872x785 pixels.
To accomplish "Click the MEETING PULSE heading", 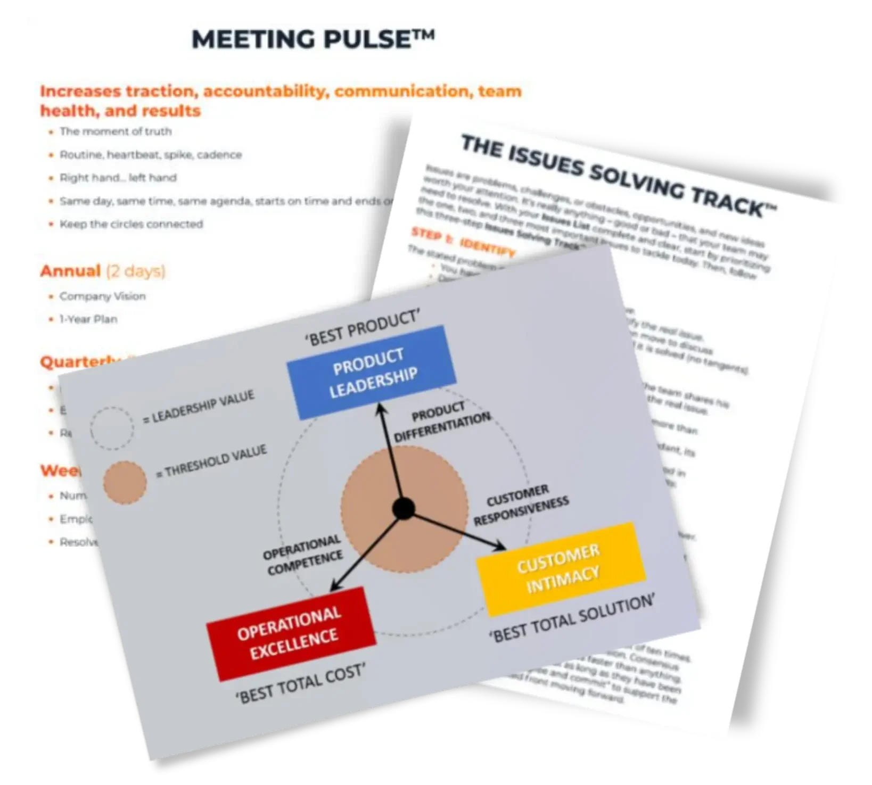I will (312, 39).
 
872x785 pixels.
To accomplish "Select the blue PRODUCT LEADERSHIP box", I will (372, 372).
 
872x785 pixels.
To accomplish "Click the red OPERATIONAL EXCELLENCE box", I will (291, 633).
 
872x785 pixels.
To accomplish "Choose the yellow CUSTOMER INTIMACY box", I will (561, 569).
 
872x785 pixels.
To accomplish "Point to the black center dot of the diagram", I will (404, 509).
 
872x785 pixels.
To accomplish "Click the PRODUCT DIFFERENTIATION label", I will (441, 422).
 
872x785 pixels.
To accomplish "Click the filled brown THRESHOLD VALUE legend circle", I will (125, 482).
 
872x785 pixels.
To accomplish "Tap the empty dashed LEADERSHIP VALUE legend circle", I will (112, 428).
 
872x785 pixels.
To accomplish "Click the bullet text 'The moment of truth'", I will (116, 131).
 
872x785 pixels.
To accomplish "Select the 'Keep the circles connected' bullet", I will (131, 224).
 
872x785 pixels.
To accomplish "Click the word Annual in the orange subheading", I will (70, 271).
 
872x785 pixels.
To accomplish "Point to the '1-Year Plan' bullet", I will (88, 319).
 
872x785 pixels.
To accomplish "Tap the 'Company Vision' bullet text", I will (102, 296).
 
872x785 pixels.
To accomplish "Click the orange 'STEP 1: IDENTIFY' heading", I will (463, 242).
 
